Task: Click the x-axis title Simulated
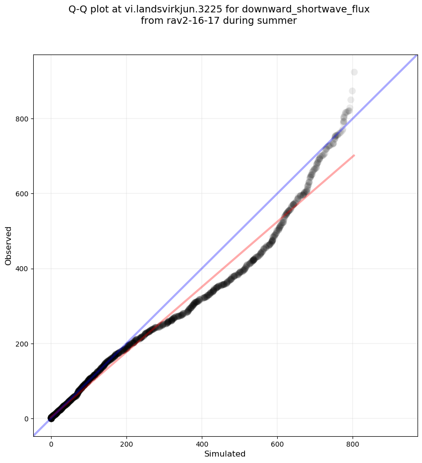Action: coord(225,454)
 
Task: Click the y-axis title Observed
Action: coord(8,245)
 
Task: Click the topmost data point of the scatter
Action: coord(354,72)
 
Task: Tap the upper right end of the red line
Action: coord(354,155)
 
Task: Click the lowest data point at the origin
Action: coord(51,418)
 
